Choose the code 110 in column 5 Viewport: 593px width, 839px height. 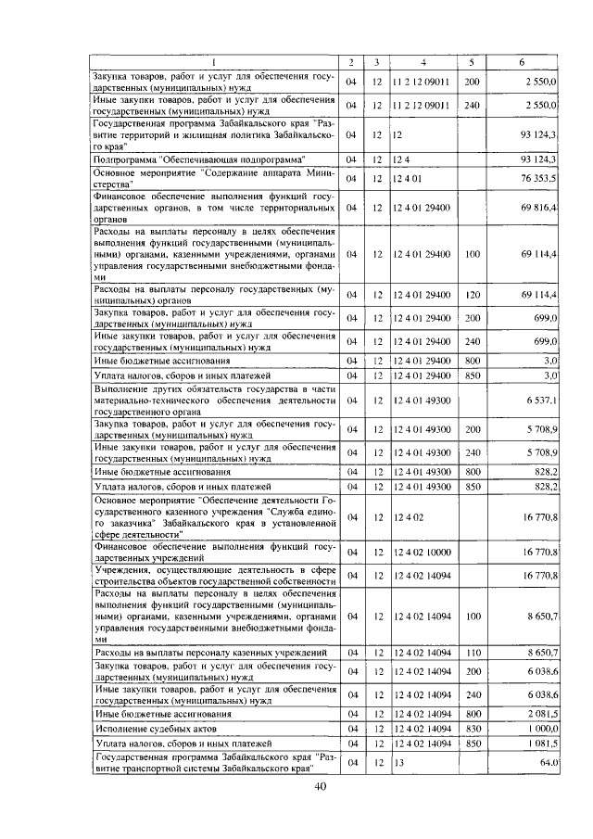coord(472,654)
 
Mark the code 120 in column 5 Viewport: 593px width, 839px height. coord(472,295)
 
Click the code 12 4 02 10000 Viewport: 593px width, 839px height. coord(422,552)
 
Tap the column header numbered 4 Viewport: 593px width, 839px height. coord(423,62)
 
